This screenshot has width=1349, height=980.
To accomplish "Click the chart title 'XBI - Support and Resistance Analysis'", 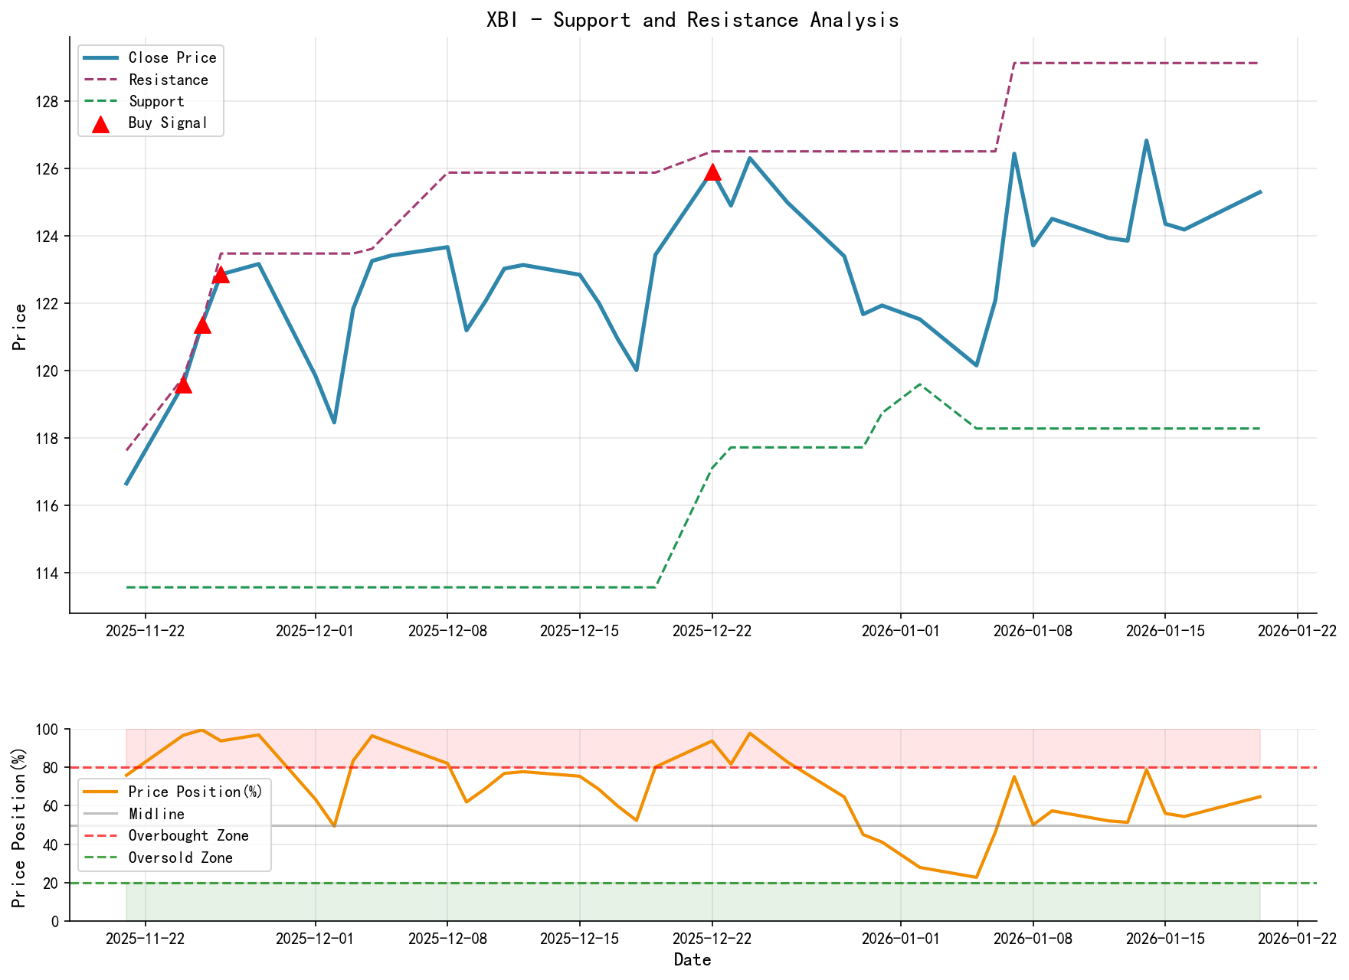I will pos(693,20).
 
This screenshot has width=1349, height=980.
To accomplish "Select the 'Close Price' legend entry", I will pos(172,58).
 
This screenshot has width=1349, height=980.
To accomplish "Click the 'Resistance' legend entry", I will pos(168,80).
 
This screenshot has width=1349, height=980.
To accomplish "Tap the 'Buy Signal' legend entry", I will pos(168,123).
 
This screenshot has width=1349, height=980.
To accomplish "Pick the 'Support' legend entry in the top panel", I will pos(156,102).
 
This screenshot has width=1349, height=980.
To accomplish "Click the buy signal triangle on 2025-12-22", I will pos(712,171).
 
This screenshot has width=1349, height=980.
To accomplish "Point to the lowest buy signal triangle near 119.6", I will pos(183,384).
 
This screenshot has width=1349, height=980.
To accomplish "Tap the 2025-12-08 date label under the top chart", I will pos(447,631).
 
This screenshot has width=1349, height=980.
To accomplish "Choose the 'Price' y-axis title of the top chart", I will pos(21,327).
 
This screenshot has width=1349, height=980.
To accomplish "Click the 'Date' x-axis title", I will pos(693,960).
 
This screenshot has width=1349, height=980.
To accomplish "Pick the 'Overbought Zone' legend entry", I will pos(188,836).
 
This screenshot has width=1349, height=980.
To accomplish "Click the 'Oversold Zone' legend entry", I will pos(180,858).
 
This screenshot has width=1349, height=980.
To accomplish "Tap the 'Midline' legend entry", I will pos(156,814).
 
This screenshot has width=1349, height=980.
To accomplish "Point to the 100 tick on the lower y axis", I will pos(47,730).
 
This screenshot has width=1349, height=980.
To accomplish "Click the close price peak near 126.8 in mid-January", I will pos(1146,141).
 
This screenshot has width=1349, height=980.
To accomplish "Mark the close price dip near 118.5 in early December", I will pos(334,422).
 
